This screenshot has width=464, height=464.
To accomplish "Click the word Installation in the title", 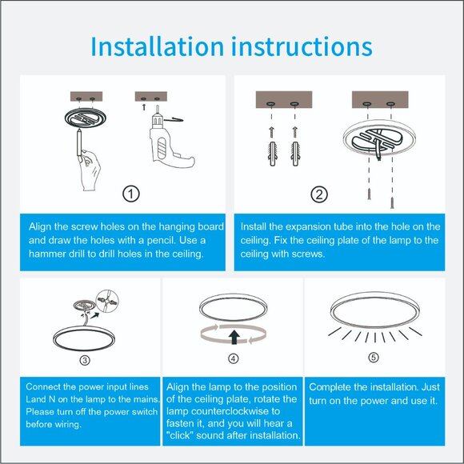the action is click(x=157, y=46).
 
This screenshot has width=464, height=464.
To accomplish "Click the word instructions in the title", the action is click(x=302, y=46).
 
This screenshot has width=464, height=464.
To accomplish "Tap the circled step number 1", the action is click(x=131, y=194).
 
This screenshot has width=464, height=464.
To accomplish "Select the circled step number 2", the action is click(x=319, y=194).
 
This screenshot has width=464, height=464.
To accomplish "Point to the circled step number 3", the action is click(x=85, y=360).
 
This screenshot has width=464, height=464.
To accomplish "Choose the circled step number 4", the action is click(x=233, y=358).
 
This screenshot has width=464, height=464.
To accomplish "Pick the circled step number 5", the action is click(x=374, y=357).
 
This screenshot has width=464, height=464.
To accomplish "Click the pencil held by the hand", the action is click(x=79, y=142).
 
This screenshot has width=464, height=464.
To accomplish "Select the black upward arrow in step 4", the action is click(x=234, y=337).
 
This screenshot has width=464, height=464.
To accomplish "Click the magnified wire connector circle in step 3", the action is click(x=107, y=301).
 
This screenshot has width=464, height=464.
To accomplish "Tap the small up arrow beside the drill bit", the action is click(x=144, y=107).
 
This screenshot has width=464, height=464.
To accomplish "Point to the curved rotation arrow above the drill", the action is click(x=174, y=119).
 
